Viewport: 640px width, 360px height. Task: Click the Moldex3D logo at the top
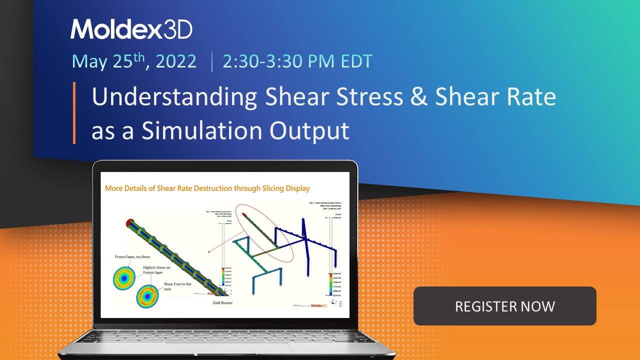[x=131, y=29]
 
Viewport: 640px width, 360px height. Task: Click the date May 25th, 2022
[x=134, y=61]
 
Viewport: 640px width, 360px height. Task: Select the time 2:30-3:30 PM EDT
[x=297, y=61]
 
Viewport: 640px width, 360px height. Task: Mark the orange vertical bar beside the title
[x=74, y=113]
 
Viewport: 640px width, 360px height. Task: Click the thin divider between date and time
[x=212, y=62]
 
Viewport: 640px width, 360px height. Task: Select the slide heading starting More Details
[x=207, y=188]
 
